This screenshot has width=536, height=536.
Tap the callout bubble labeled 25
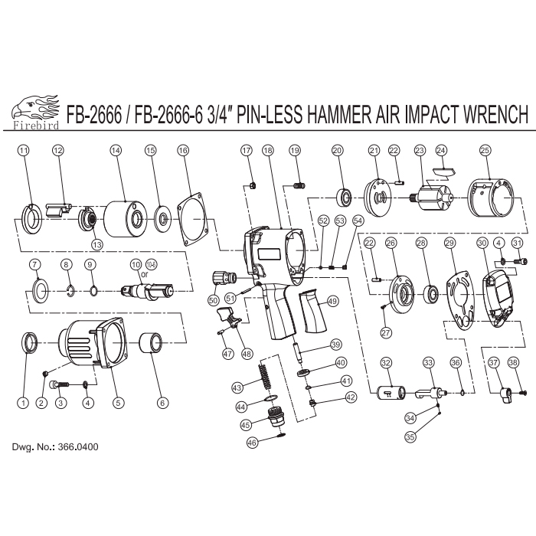click(x=485, y=151)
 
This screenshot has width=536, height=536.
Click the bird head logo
click(x=34, y=106)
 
